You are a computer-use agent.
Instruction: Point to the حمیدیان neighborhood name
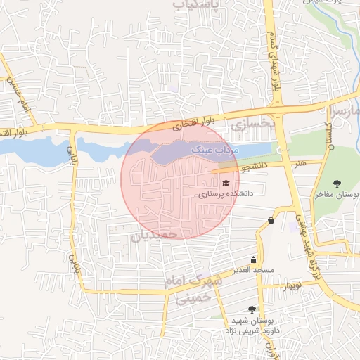click(x=162, y=233)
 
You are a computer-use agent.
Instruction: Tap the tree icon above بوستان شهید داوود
click(x=252, y=309)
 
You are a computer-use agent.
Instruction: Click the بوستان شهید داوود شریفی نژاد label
click(x=251, y=324)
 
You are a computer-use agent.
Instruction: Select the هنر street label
click(x=300, y=163)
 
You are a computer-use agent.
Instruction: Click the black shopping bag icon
click(x=271, y=221)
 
